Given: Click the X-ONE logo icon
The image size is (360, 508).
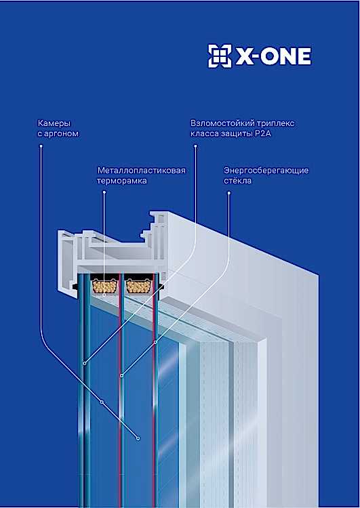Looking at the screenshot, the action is [220, 56].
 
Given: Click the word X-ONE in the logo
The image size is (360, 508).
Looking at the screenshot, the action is [273, 57].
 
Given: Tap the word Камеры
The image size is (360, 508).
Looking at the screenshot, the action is [54, 123].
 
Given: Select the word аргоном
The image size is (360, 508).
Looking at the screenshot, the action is [61, 134].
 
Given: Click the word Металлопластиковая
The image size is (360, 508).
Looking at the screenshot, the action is [142, 171].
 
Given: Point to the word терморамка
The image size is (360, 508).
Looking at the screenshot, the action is [121, 181].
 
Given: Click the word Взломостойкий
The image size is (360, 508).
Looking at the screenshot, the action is [222, 123].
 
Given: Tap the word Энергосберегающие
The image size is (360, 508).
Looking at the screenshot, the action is [266, 171].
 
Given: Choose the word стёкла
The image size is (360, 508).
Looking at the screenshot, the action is [237, 180].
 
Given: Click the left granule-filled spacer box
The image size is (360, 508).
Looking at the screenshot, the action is [104, 286].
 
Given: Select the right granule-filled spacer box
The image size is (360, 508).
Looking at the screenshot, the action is [138, 286].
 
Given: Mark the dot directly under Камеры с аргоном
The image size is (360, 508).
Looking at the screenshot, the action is [41, 146].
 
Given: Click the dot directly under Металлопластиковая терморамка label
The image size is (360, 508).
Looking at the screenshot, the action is [104, 192].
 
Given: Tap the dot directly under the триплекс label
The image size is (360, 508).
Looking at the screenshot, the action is [195, 146].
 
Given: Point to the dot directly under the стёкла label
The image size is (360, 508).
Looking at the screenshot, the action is [229, 193].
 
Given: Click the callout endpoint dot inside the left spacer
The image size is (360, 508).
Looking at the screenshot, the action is [104, 295].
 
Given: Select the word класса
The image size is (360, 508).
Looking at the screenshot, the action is [205, 134].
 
